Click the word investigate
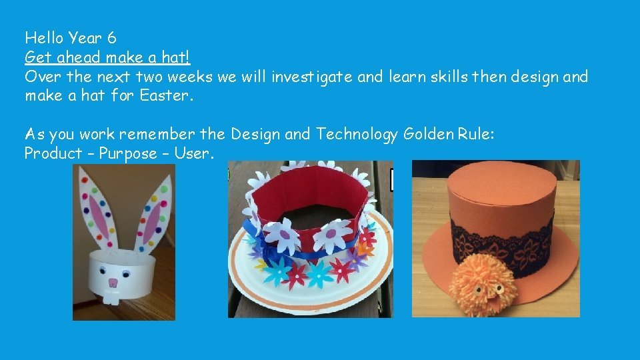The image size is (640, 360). click(x=312, y=77)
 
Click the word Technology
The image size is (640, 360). click(x=357, y=134)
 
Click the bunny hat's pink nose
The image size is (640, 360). click(x=113, y=282)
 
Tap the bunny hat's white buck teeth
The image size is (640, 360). click(x=113, y=291)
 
